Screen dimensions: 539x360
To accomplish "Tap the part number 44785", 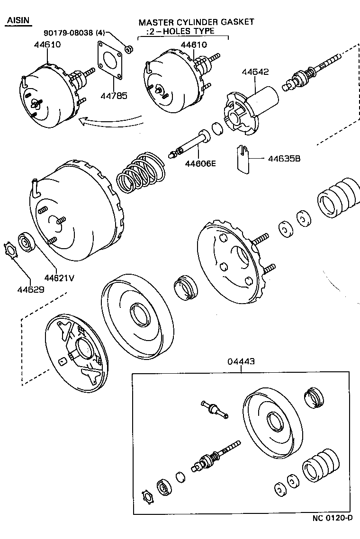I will coord(114,95).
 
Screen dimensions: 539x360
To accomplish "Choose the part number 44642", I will coord(255,72).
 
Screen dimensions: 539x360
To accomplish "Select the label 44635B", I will coord(284,159).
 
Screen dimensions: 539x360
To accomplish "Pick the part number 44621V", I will coord(59,278).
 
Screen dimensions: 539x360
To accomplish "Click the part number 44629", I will coord(32,288).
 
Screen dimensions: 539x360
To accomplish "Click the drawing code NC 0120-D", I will coord(332,530).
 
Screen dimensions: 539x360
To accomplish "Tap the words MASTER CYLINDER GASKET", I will coord(196,22).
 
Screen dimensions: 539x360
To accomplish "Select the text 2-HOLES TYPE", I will coord(180,31).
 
